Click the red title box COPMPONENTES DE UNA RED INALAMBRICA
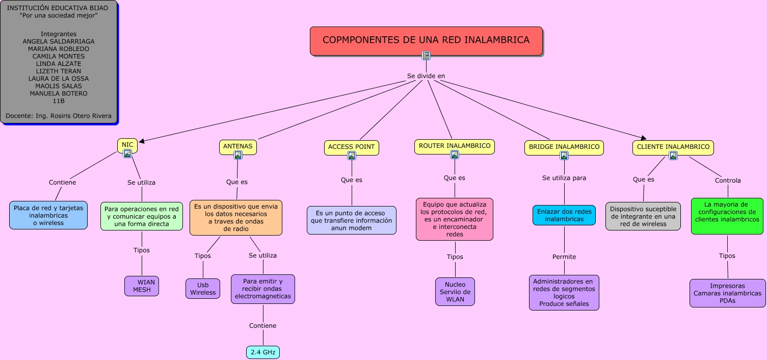pos(426,41)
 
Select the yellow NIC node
pos(127,145)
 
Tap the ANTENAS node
pos(237,147)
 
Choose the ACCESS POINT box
pos(351,147)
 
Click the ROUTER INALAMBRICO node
pos(455,146)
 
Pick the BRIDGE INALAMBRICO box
pos(564,147)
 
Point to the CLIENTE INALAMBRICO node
pos(673,147)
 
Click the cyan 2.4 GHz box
pos(263,352)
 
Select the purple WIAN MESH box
pos(142,286)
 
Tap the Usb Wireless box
pos(203,289)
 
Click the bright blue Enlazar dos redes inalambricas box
pos(564,215)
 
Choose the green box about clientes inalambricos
pos(727,216)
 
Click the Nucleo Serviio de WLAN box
pos(455,292)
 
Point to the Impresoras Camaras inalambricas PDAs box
pos(727,293)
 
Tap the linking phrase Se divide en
pos(426,75)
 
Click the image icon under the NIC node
pos(127,153)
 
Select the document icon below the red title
pos(426,55)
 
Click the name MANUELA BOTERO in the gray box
pos(59,93)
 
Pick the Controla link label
pos(728,180)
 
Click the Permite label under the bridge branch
pos(564,256)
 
